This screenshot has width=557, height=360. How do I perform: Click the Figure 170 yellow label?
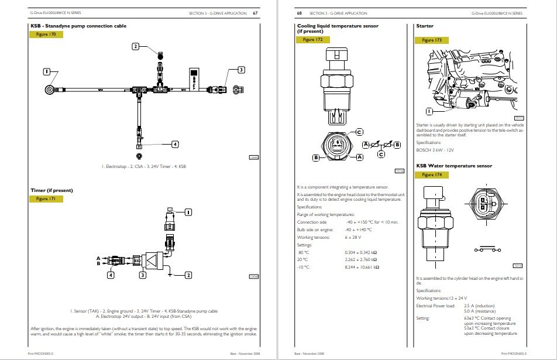[45, 35]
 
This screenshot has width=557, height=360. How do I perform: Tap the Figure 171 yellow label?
[45, 199]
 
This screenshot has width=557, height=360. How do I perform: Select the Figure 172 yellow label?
[312, 40]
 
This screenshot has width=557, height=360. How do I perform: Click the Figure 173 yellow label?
[431, 40]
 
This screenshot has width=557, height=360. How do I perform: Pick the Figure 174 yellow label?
[431, 175]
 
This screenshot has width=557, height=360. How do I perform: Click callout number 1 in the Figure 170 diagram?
[47, 71]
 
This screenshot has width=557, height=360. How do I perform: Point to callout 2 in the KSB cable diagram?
[135, 46]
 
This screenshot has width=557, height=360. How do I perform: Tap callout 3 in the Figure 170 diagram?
[240, 70]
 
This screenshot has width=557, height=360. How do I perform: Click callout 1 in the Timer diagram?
[188, 212]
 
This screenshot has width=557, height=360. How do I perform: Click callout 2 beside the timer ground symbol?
[188, 275]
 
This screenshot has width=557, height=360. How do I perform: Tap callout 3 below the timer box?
[142, 275]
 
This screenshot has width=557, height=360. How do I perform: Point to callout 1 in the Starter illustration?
[429, 111]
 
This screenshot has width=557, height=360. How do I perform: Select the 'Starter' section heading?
[424, 26]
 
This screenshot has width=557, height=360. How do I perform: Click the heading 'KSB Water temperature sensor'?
[453, 166]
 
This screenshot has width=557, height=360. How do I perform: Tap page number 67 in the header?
[255, 13]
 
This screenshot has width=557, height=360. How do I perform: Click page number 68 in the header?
[300, 13]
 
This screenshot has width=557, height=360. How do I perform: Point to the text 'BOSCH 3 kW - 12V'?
[435, 150]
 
